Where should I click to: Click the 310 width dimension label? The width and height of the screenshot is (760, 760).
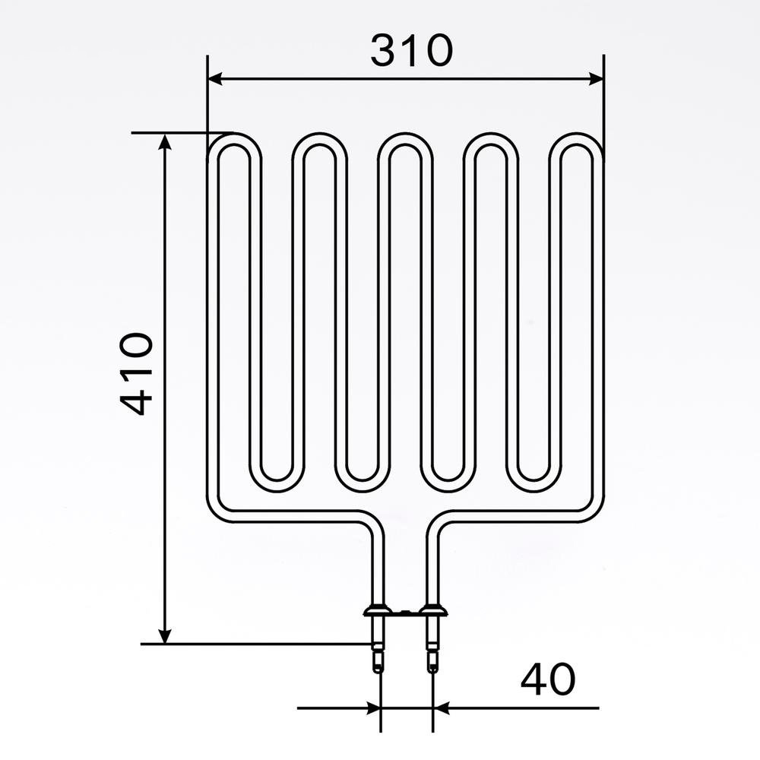pyautogui.click(x=411, y=50)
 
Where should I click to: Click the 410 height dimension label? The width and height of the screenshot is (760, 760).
pyautogui.click(x=137, y=374)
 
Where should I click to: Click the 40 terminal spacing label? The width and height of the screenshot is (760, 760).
pyautogui.click(x=548, y=679)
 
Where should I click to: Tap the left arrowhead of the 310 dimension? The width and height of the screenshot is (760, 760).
pyautogui.click(x=215, y=78)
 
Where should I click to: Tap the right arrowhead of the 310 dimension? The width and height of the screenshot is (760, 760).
pyautogui.click(x=596, y=78)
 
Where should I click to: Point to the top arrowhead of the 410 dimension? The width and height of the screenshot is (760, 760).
pyautogui.click(x=165, y=142)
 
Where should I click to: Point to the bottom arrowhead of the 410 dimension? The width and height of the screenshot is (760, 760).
pyautogui.click(x=165, y=635)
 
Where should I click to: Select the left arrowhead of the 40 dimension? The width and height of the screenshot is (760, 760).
pyautogui.click(x=374, y=708)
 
